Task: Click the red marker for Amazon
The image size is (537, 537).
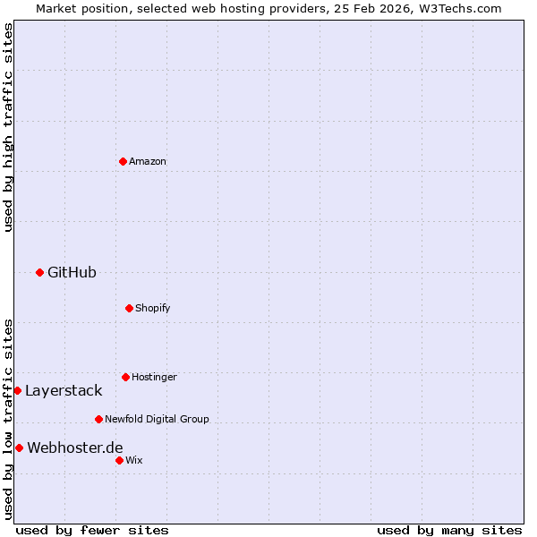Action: pyautogui.click(x=123, y=161)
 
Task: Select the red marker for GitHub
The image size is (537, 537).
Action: pyautogui.click(x=39, y=272)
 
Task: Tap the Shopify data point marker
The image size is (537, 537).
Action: pyautogui.click(x=129, y=308)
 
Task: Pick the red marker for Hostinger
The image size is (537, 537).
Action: pyautogui.click(x=125, y=377)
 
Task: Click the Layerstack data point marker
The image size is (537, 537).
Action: pyautogui.click(x=17, y=390)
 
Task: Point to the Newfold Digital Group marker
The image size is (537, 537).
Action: pyautogui.click(x=98, y=419)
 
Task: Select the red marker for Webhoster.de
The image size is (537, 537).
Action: pyautogui.click(x=19, y=447)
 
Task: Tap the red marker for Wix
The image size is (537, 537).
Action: pyautogui.click(x=119, y=460)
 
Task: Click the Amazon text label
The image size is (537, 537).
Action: pyautogui.click(x=148, y=161)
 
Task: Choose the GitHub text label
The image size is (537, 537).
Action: pyautogui.click(x=72, y=272)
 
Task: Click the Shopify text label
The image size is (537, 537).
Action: pyautogui.click(x=153, y=308)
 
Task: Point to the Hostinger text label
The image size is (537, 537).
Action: pyautogui.click(x=154, y=377)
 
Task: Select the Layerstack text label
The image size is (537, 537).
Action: pyautogui.click(x=64, y=390)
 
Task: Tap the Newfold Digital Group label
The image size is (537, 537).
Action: pyautogui.click(x=157, y=419)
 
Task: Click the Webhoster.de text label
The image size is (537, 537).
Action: pyautogui.click(x=75, y=447)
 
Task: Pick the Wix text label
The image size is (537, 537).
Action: pyautogui.click(x=134, y=460)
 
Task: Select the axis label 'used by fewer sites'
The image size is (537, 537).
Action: pyautogui.click(x=92, y=530)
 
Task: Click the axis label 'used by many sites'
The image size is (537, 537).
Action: pyautogui.click(x=449, y=530)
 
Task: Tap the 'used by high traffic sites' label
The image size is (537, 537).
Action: pyautogui.click(x=8, y=127)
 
